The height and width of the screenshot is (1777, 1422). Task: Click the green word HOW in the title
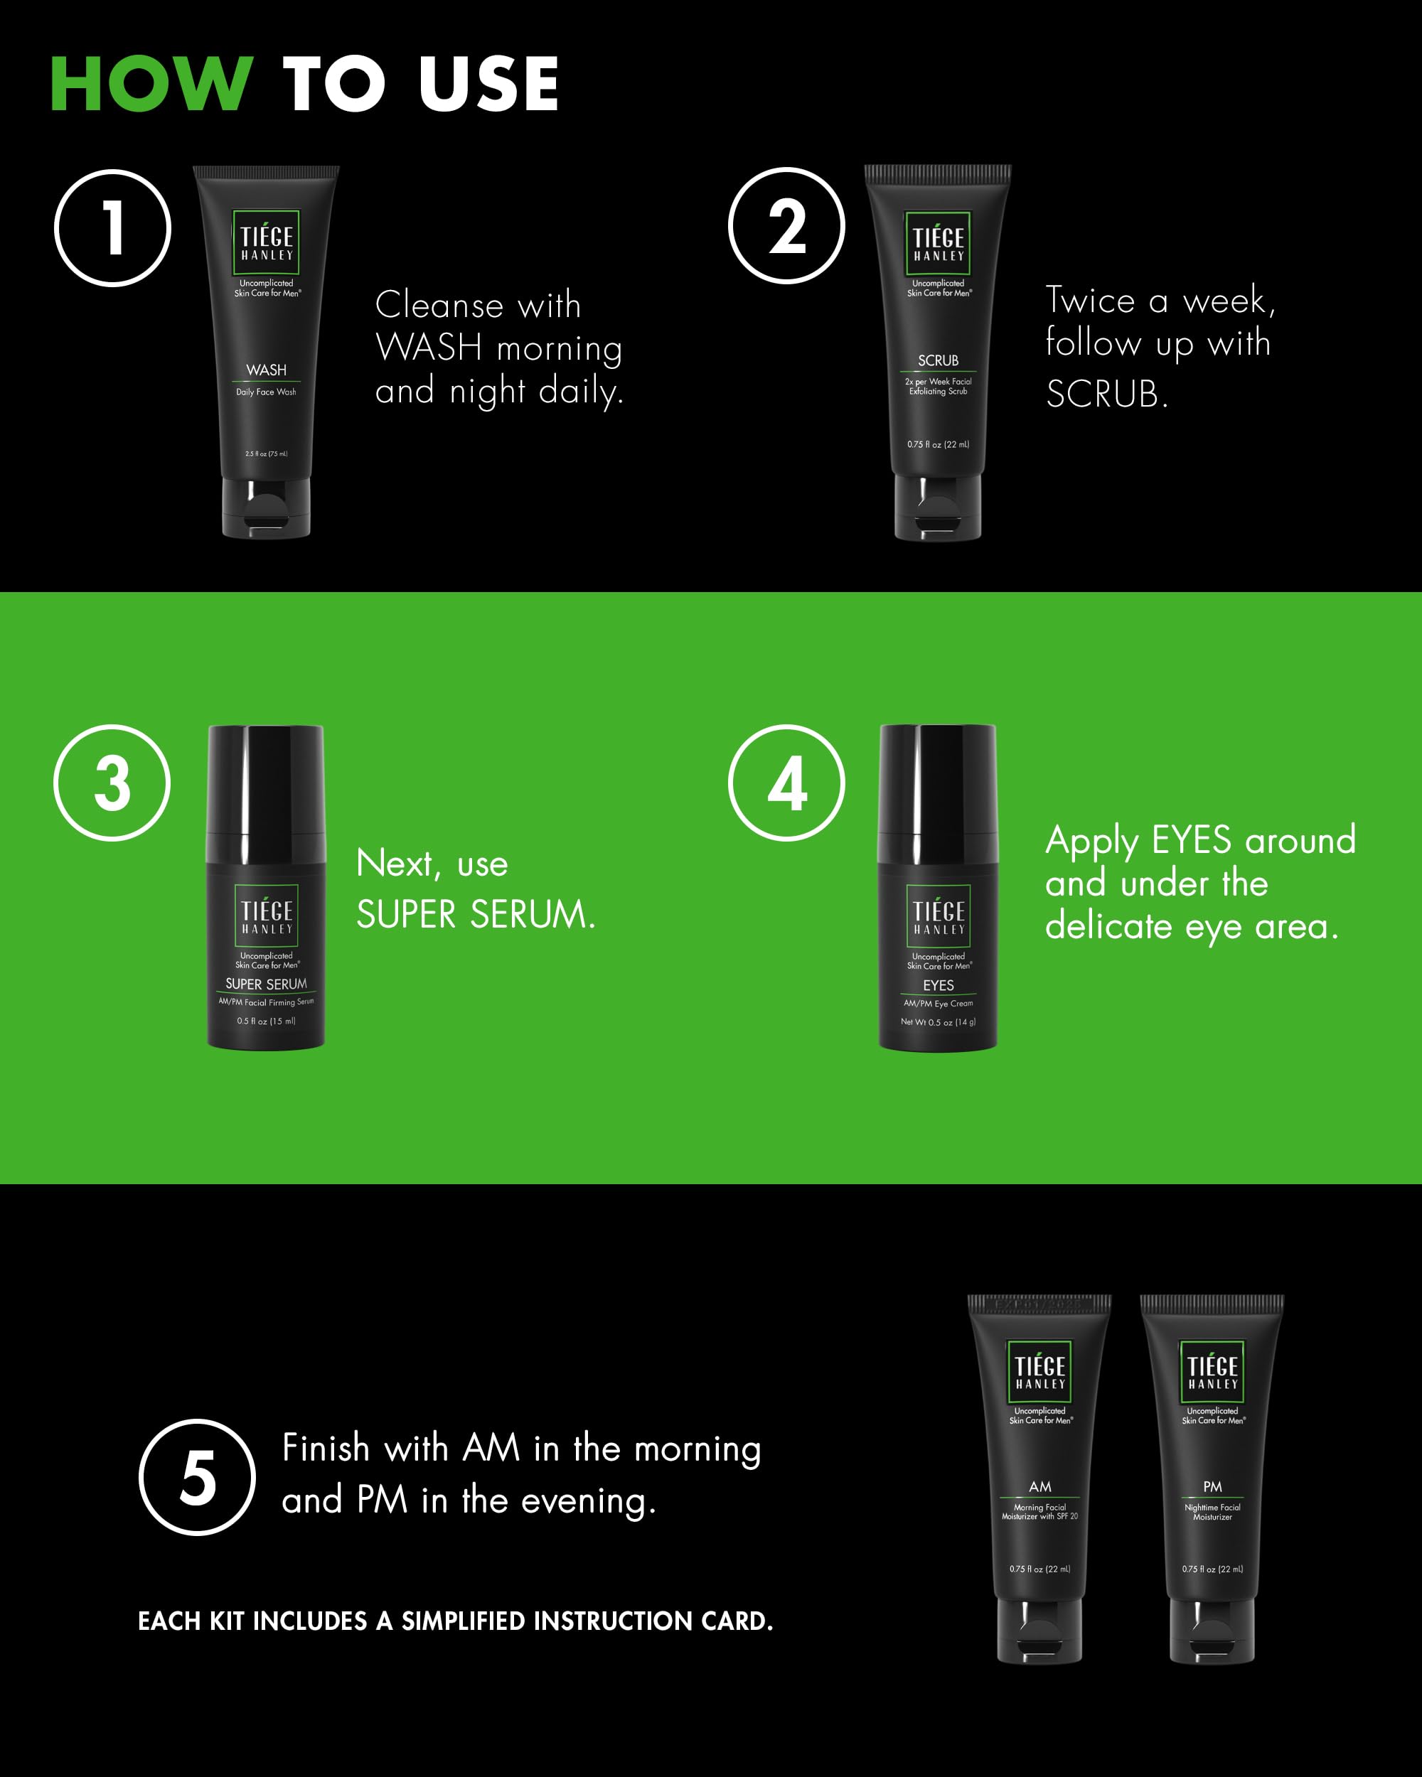(x=151, y=83)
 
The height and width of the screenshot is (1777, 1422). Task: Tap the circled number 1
(x=113, y=228)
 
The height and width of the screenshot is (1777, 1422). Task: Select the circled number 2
(x=786, y=226)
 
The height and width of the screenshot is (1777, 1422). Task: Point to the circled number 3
(x=112, y=783)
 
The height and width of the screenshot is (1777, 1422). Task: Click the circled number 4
(x=786, y=783)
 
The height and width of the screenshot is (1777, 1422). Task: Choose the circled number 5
(x=197, y=1477)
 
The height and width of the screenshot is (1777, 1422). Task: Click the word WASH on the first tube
(x=266, y=370)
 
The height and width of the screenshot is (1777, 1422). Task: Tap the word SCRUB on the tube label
(x=938, y=360)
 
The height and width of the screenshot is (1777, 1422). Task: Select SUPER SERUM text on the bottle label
(x=266, y=984)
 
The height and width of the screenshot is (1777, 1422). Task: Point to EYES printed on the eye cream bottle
(x=938, y=985)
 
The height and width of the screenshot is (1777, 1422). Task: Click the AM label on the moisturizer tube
(x=1039, y=1486)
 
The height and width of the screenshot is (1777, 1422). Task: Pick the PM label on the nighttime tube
(x=1212, y=1486)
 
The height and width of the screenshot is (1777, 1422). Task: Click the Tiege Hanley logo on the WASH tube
(x=266, y=242)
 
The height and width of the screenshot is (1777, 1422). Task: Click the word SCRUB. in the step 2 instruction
(x=1107, y=394)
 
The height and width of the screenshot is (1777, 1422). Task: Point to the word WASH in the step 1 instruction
(x=429, y=347)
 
